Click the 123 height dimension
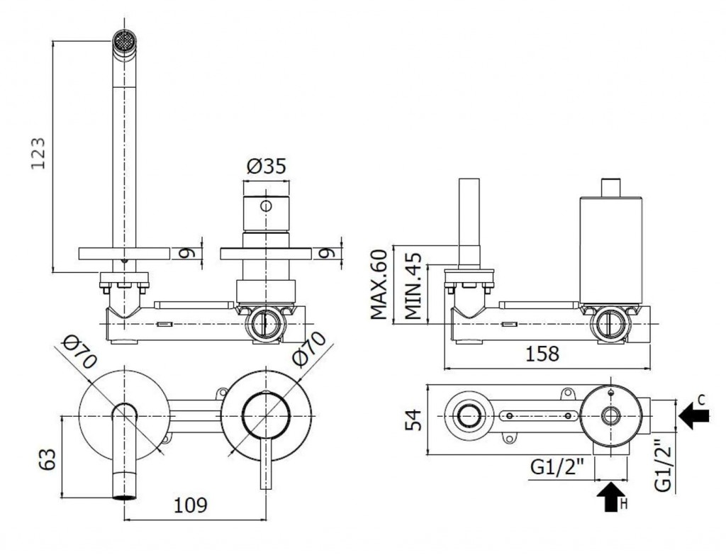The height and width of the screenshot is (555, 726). coord(38,153)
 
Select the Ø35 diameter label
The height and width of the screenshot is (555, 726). coord(267,166)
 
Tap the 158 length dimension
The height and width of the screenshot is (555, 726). coord(542,354)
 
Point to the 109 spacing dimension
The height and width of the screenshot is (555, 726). coord(190,505)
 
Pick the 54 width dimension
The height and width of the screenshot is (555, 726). coord(413,420)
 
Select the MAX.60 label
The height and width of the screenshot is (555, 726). coord(379,285)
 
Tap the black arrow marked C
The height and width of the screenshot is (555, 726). coord(693,415)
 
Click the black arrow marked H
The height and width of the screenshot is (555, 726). coord(611,495)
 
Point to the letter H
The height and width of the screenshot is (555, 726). coord(623,504)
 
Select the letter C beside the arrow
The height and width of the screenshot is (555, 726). coord(701,400)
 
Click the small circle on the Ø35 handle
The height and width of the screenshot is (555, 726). coord(266,206)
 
